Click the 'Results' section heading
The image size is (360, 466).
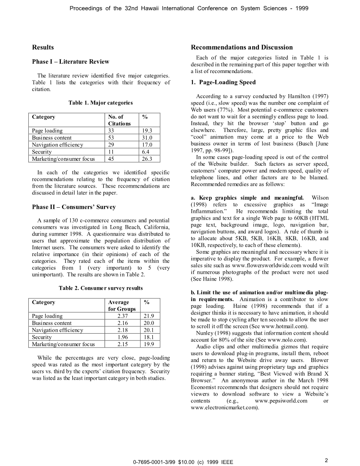coord(43,47)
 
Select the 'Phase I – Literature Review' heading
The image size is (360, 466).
coord(70,62)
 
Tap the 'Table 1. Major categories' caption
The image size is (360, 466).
coord(100,103)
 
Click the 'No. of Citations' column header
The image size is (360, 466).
coord(119,120)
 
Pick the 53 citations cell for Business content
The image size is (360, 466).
coord(111,138)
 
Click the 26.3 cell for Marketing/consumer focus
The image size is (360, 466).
coord(147,159)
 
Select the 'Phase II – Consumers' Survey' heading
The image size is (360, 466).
coord(74,207)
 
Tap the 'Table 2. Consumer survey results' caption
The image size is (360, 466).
coord(101,288)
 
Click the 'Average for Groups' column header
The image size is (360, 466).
coord(121,306)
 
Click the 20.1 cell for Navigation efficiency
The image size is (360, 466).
coord(149,330)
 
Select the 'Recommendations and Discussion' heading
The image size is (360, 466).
coord(242,47)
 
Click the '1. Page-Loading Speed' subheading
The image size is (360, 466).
coord(223,82)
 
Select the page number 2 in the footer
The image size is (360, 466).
coord(326,460)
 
